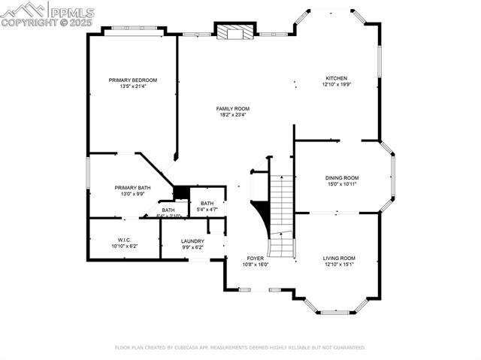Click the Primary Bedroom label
tap(132, 80)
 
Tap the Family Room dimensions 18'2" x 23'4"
tap(234, 115)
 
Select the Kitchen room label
tap(336, 78)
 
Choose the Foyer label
tap(255, 258)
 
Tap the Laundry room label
tap(192, 241)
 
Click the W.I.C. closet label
tap(125, 241)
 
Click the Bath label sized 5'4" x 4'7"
tap(207, 203)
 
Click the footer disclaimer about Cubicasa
tap(240, 347)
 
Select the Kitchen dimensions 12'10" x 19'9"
tap(336, 85)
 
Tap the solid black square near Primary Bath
tap(181, 192)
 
